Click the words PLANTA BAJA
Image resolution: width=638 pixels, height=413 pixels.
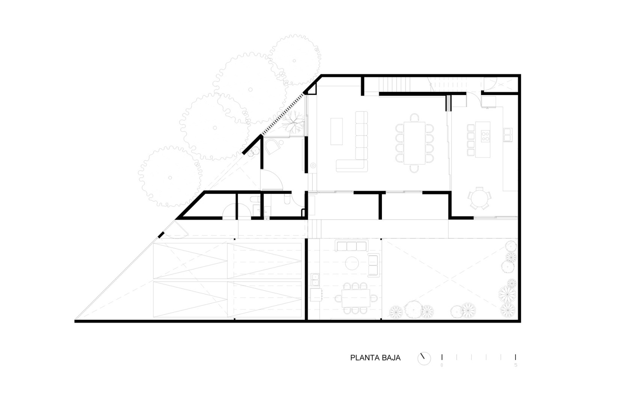click(375, 358)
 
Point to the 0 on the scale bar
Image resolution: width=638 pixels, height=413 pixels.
click(442, 365)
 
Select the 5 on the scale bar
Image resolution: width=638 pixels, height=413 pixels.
click(516, 365)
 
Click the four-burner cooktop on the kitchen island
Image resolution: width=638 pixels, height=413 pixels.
click(485, 136)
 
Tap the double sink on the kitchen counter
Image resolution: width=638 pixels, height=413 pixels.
click(508, 135)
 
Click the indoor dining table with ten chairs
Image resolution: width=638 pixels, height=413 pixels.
click(415, 143)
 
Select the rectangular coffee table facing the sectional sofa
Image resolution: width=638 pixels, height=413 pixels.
click(336, 131)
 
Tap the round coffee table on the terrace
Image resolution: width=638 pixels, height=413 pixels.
click(352, 263)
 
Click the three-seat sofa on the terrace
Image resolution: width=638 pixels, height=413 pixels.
click(352, 246)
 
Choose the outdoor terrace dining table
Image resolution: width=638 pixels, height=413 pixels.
click(356, 298)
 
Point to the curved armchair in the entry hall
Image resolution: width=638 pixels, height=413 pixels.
click(273, 146)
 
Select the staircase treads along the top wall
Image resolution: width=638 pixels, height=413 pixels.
click(394, 84)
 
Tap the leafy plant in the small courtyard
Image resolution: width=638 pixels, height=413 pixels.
click(293, 122)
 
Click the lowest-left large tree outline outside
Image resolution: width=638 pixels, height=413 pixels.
click(170, 177)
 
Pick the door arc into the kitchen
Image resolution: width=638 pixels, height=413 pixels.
click(474, 100)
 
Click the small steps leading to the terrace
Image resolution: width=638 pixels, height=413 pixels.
click(315, 229)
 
